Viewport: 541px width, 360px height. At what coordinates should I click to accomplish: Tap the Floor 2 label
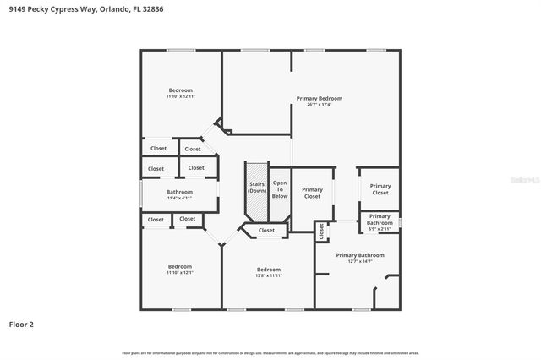click(x=21, y=324)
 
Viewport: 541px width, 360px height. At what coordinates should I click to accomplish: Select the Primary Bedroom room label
click(x=319, y=98)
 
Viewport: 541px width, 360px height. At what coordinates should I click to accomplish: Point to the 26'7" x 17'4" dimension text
click(x=319, y=105)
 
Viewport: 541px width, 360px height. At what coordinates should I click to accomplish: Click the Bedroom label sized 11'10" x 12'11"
click(x=180, y=90)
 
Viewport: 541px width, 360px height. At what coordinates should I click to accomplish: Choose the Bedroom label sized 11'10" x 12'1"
click(x=179, y=266)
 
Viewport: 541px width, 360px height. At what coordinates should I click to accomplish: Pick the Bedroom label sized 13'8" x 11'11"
click(x=269, y=270)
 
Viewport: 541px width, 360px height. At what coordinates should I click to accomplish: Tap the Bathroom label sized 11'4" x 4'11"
click(x=179, y=192)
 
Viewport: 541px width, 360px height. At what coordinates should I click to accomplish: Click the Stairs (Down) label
click(x=257, y=187)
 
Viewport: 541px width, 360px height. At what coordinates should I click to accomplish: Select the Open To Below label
click(x=280, y=189)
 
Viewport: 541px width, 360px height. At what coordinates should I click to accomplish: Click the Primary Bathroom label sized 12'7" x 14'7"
click(x=360, y=255)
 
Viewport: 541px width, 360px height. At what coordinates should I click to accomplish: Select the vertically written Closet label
click(x=321, y=230)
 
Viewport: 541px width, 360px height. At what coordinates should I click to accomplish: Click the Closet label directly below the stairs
click(x=266, y=230)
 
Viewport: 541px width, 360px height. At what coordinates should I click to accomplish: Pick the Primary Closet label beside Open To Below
click(x=312, y=193)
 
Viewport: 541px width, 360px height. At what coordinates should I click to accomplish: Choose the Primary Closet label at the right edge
click(x=380, y=189)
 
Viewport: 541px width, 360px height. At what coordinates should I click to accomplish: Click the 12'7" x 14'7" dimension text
click(x=360, y=261)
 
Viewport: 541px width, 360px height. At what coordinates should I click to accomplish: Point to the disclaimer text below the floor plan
click(x=270, y=352)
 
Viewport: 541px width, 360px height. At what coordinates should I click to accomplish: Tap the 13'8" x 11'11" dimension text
click(x=269, y=276)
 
